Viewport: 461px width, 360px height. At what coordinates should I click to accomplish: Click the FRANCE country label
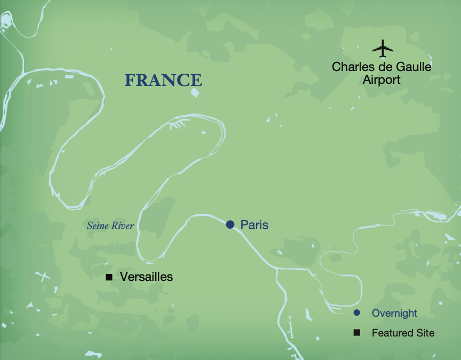tap(163, 80)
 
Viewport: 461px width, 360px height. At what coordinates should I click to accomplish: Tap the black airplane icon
tap(383, 49)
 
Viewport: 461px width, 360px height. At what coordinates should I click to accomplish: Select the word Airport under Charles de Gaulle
tap(381, 80)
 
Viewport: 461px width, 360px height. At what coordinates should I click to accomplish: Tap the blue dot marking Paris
tap(230, 225)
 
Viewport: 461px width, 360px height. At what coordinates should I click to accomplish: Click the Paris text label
tap(254, 225)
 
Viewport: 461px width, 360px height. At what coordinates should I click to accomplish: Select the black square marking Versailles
tap(109, 277)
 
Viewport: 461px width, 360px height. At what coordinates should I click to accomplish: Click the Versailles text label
tap(147, 277)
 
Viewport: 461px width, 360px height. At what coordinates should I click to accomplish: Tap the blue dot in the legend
tap(357, 313)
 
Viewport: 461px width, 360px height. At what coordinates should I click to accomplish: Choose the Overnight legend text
tap(394, 314)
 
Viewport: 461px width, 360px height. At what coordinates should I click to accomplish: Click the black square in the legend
tap(357, 333)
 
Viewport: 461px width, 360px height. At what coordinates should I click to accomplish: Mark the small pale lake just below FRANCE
tap(194, 92)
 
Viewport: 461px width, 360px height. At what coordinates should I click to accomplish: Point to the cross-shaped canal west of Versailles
tap(43, 277)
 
